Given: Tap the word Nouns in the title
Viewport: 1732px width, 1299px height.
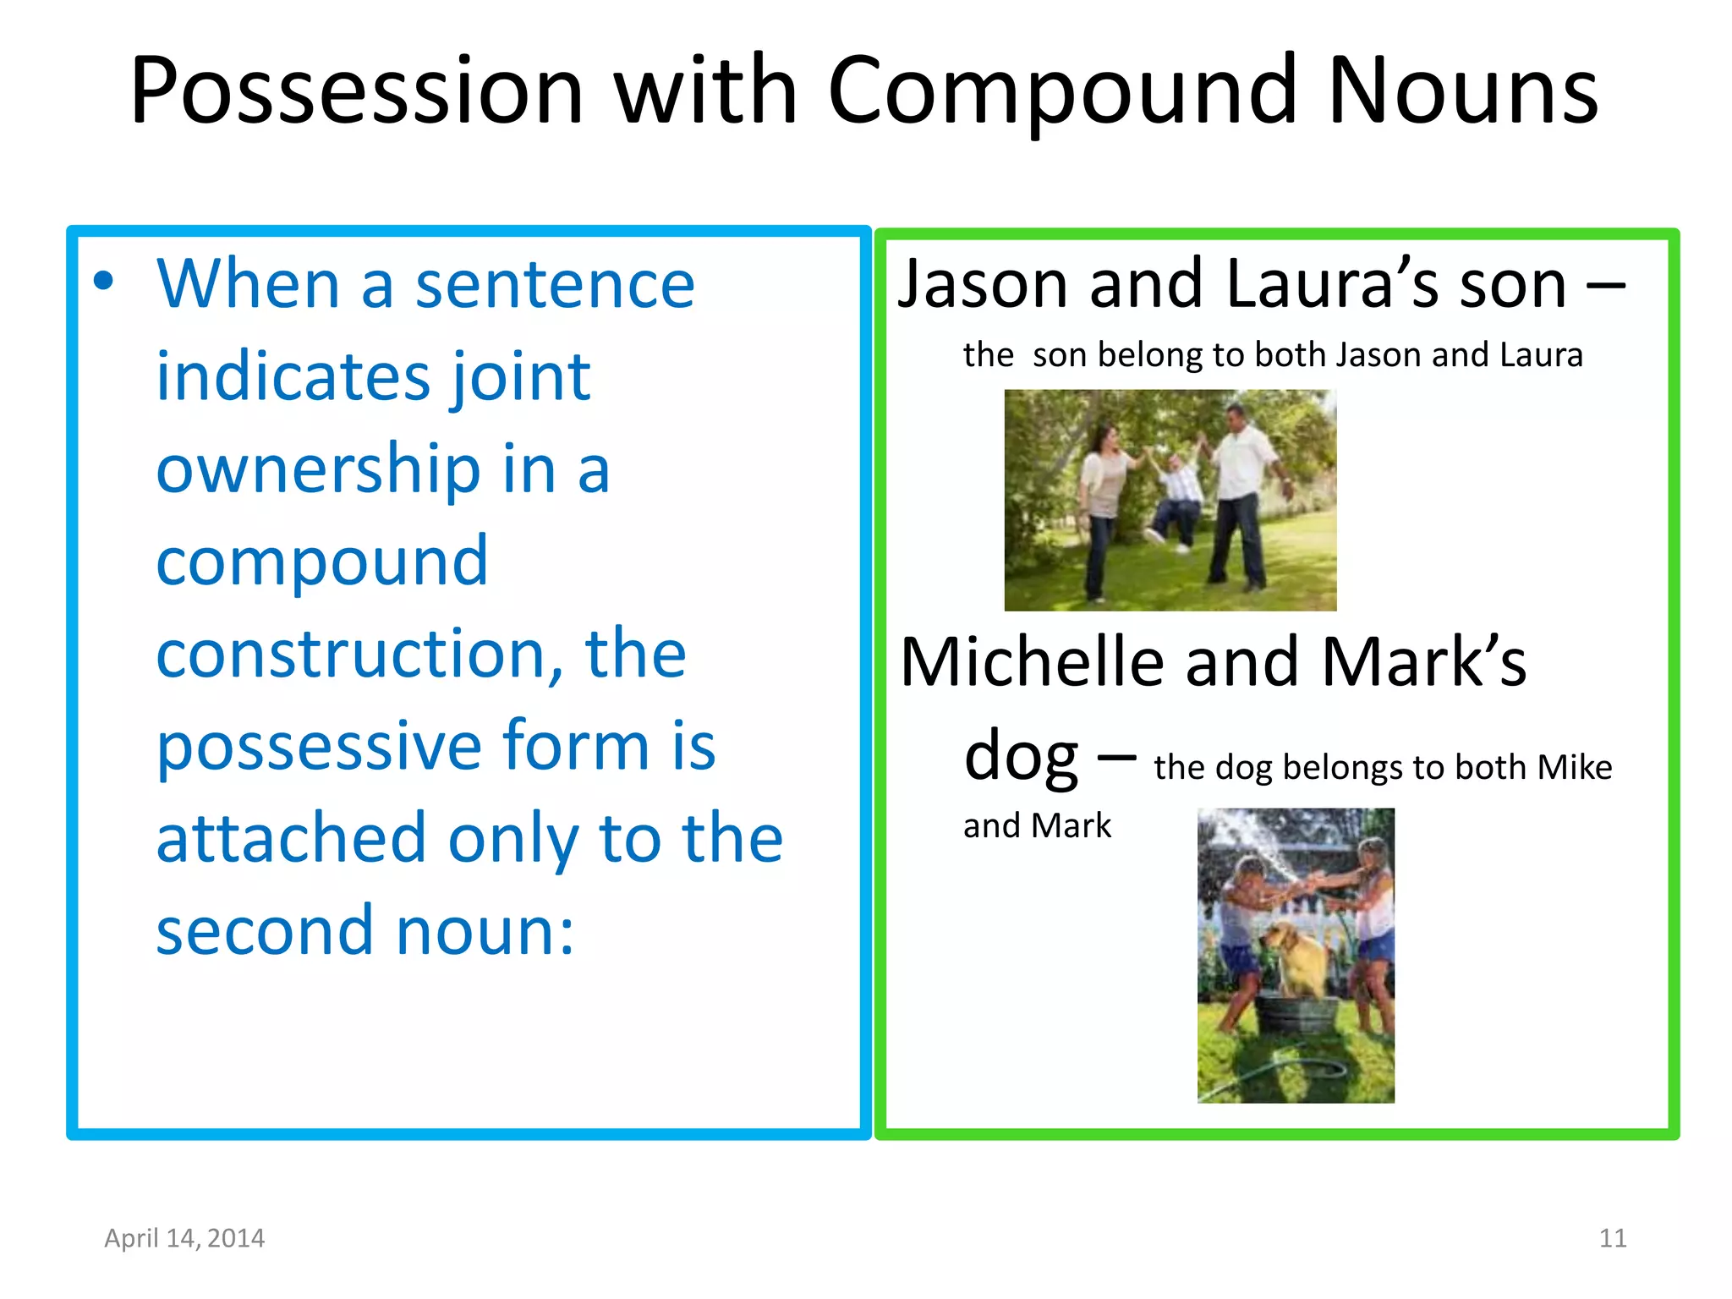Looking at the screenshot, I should (x=1463, y=91).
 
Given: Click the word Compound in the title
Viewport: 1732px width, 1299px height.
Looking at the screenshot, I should (x=1062, y=91).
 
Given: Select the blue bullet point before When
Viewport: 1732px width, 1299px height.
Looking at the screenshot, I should (x=103, y=282).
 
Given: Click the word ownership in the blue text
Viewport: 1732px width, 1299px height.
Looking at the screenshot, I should (x=318, y=469).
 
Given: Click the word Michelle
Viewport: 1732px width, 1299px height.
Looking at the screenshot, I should (x=1033, y=662).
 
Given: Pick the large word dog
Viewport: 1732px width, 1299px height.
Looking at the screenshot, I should (x=1020, y=755).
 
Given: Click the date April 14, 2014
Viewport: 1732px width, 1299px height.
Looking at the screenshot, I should (x=184, y=1238).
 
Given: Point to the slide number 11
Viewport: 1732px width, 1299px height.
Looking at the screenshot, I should (x=1613, y=1238).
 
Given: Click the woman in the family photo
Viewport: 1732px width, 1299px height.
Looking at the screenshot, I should (x=1104, y=507).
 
